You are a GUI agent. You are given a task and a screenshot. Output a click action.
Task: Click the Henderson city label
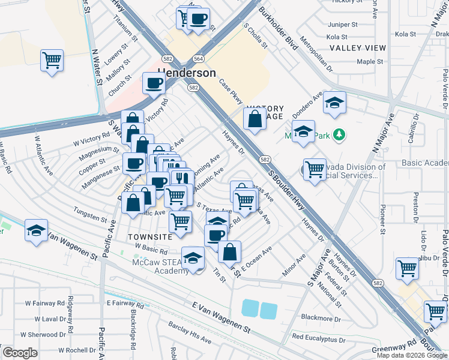187,73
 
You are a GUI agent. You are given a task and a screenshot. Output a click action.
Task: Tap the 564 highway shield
197,59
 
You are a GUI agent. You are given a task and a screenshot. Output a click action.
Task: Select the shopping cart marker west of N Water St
52,60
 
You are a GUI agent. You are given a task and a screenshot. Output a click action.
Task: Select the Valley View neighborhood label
358,48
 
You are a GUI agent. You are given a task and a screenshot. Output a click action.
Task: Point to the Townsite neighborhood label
150,237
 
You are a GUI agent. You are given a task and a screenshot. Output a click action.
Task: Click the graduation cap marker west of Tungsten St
36,230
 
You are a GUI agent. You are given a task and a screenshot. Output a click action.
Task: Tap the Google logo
20,353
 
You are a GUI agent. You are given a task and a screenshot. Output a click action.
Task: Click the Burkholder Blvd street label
279,29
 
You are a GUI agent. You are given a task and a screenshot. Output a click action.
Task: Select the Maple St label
370,61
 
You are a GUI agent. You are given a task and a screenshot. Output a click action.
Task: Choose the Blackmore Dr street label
321,318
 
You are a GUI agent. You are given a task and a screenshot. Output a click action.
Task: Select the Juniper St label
343,25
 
